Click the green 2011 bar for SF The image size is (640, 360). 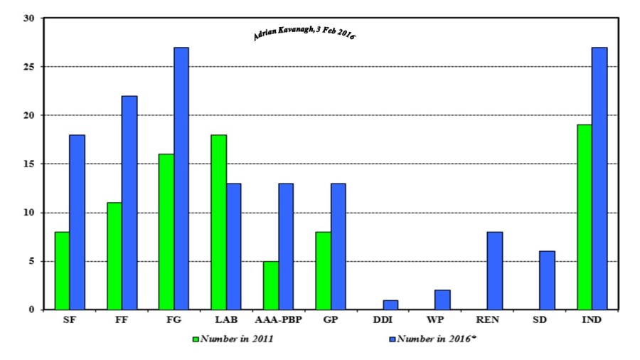[x=62, y=271]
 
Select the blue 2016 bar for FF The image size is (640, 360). [x=129, y=203]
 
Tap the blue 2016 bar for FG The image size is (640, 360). [x=181, y=179]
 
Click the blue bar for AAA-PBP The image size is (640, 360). [x=285, y=246]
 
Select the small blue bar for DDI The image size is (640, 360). [x=390, y=305]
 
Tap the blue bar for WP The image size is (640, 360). [x=442, y=300]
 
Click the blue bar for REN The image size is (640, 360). [x=494, y=271]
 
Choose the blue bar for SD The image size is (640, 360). [x=546, y=280]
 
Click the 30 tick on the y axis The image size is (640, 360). [x=28, y=18]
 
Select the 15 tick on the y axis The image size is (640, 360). [x=28, y=164]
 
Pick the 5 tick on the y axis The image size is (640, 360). [x=31, y=261]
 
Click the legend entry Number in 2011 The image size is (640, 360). [x=235, y=339]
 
